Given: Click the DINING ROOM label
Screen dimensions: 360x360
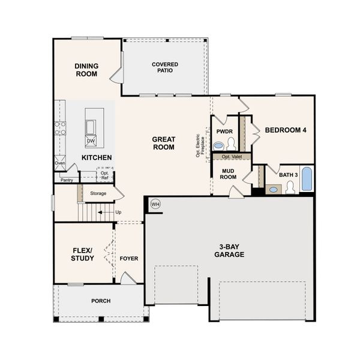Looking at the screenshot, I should point(86,70).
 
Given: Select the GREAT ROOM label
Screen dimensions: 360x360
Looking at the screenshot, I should point(163,143).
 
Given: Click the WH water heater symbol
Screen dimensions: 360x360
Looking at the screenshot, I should point(156,204).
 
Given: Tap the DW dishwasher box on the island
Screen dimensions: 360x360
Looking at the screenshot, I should point(91,141).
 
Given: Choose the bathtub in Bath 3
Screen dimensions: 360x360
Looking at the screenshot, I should point(306,179).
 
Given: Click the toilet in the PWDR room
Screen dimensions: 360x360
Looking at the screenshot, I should point(231,143).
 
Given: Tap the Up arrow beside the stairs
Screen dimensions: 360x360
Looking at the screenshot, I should point(108,212).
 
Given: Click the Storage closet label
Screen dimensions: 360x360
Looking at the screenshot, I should point(98,193).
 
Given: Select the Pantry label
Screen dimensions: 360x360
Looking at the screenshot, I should point(66,179).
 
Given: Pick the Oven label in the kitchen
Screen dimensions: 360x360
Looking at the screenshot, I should point(60,163).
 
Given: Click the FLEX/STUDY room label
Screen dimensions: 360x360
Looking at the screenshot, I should point(82,254).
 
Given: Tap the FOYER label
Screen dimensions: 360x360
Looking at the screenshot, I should point(128,259).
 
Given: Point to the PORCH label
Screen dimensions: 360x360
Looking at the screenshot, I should point(100,301).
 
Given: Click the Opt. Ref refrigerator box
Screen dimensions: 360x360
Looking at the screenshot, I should point(104,175).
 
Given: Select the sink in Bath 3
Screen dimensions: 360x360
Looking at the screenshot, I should point(273,189).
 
